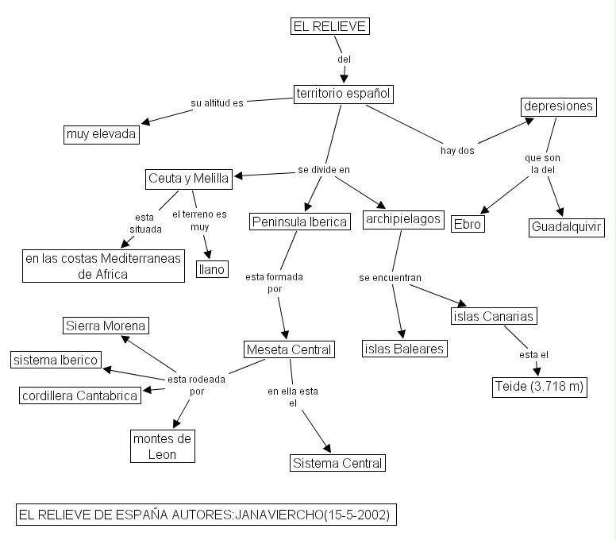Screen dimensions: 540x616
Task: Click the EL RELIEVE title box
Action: tap(329, 26)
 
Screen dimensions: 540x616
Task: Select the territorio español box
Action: tap(343, 94)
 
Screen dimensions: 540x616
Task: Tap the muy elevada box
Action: tap(102, 134)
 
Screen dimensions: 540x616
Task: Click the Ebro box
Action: tap(467, 224)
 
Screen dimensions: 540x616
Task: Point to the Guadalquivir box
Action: tap(566, 228)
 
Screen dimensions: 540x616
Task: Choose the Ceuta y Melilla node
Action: tap(189, 179)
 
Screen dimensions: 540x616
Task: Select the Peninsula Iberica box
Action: tap(299, 222)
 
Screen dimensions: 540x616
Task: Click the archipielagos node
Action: tap(403, 219)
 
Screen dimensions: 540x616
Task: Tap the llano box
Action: tap(212, 270)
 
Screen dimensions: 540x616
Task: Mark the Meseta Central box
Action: tap(287, 349)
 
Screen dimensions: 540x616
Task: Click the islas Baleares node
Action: tap(405, 348)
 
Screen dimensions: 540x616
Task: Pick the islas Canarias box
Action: tap(493, 316)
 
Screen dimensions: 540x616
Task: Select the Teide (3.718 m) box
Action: tap(539, 387)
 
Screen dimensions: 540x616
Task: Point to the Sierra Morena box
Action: tap(106, 326)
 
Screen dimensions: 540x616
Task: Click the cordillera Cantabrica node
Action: tap(79, 395)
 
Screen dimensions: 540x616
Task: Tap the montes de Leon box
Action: tap(163, 446)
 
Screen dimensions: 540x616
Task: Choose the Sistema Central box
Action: tap(337, 463)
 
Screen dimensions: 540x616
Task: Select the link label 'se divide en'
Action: tap(324, 169)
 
